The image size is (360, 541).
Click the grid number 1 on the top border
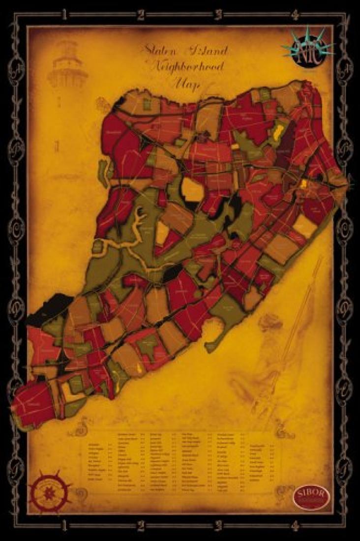[64, 15]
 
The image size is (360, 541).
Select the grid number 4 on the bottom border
[295, 526]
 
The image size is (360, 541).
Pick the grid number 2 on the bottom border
[141, 526]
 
